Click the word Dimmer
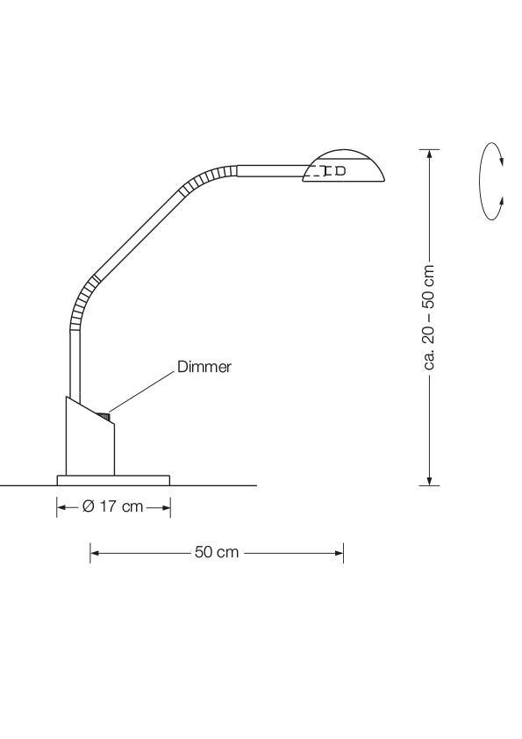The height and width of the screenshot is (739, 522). [x=204, y=367]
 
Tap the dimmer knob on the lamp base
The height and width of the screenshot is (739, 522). [x=104, y=416]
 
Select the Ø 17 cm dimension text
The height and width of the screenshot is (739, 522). [x=112, y=506]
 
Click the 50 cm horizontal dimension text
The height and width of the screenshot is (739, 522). [x=217, y=552]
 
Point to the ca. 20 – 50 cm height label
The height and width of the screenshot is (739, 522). [x=429, y=317]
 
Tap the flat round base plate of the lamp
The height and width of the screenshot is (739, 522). [x=113, y=480]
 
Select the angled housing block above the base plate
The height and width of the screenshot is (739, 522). [x=90, y=436]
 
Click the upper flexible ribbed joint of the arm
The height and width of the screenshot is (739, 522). [x=208, y=179]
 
